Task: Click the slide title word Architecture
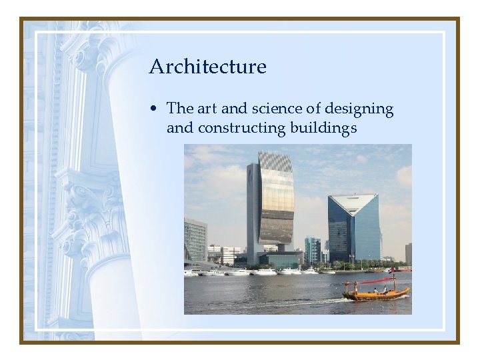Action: (207, 67)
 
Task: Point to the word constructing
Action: (243, 127)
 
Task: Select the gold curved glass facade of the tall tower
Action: (276, 207)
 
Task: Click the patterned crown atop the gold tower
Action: (275, 161)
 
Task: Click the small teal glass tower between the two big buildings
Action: (312, 250)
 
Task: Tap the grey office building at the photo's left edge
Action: (195, 240)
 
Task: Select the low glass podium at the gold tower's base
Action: (280, 259)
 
